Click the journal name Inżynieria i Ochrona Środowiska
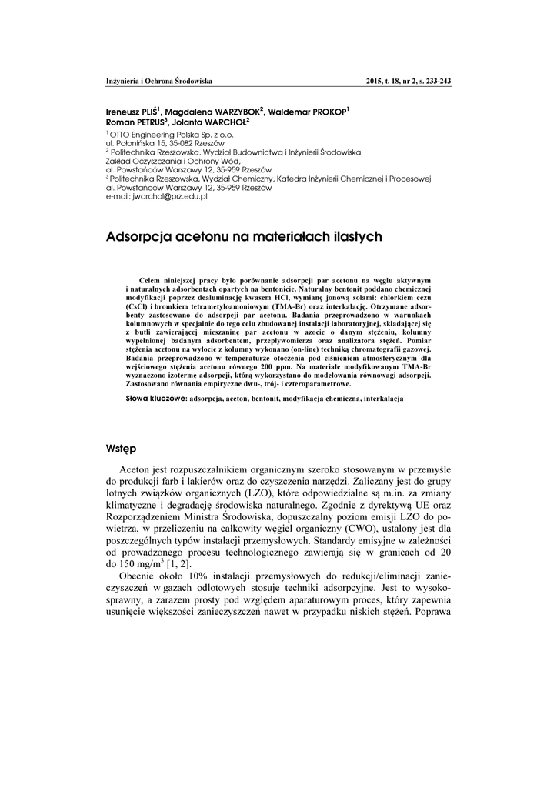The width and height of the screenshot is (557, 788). tap(158, 81)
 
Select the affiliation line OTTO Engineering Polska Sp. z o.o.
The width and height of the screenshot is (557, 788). tap(157, 134)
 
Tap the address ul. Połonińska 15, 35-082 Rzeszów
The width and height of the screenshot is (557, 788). tap(165, 143)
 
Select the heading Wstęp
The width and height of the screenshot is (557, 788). tap(122, 447)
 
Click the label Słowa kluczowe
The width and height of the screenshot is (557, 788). tap(156, 400)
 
